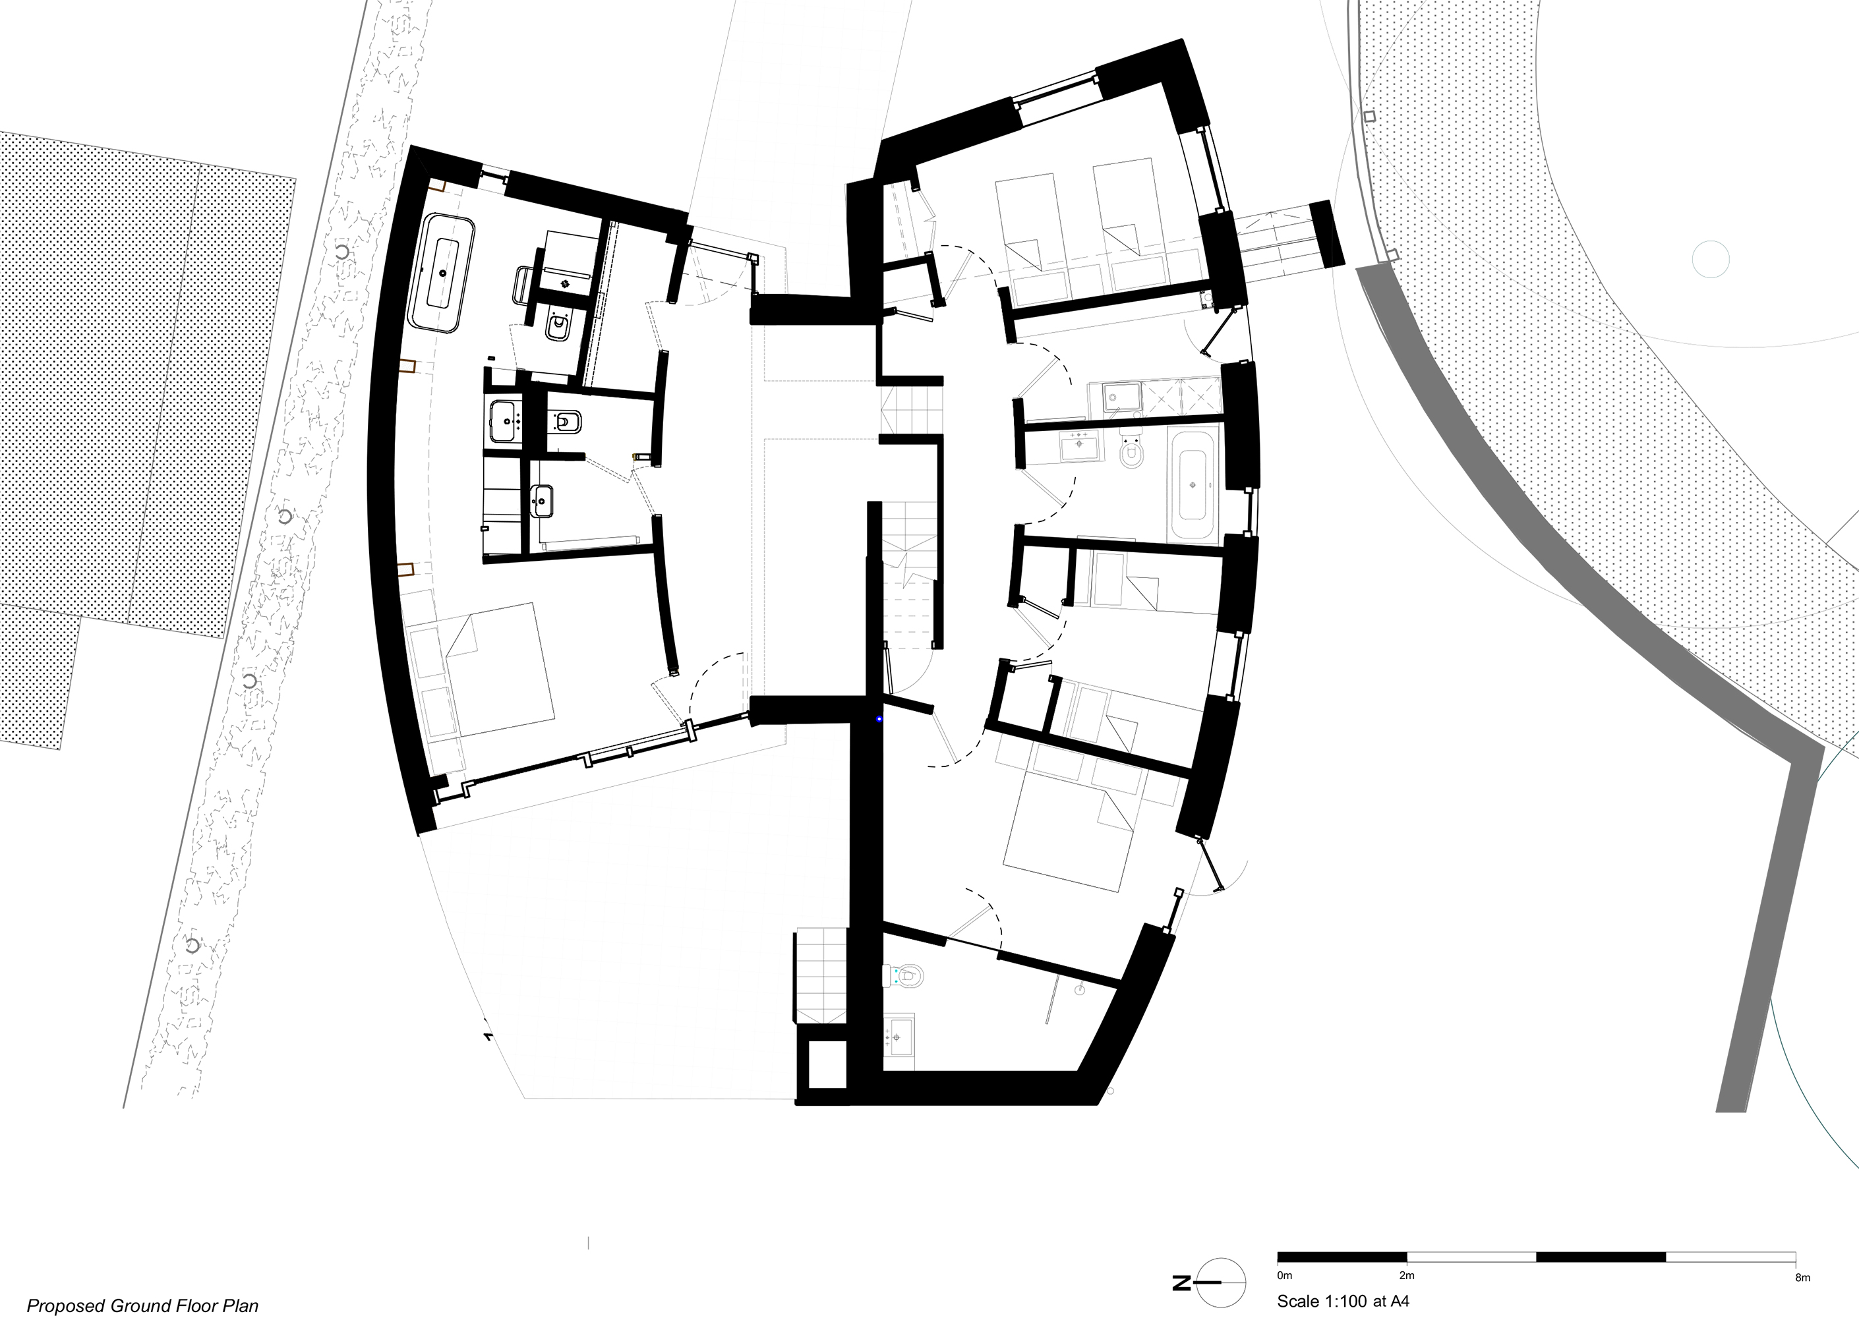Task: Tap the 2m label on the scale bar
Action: click(1407, 1276)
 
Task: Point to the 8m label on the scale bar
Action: click(1802, 1277)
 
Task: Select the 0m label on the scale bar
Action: click(1284, 1276)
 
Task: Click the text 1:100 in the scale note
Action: click(1343, 1302)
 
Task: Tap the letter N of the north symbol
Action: click(1181, 1283)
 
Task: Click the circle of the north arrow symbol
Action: click(1221, 1282)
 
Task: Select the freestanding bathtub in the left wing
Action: click(443, 273)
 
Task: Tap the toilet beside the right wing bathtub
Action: click(1131, 453)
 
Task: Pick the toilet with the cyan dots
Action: click(907, 975)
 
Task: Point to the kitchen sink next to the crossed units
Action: click(1122, 396)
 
